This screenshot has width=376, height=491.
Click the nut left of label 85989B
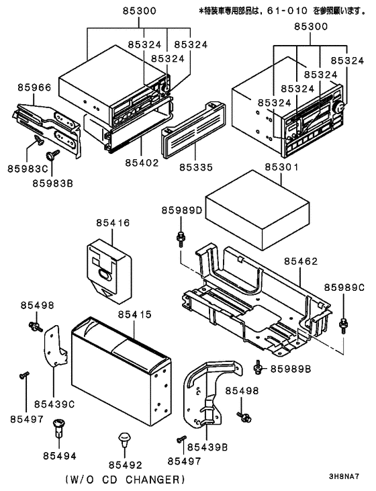[x=258, y=367]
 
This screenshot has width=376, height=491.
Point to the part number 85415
[x=135, y=314]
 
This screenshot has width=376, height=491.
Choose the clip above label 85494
[x=58, y=428]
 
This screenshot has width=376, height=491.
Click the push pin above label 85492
[x=123, y=440]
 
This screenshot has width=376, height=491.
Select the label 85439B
[x=206, y=446]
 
